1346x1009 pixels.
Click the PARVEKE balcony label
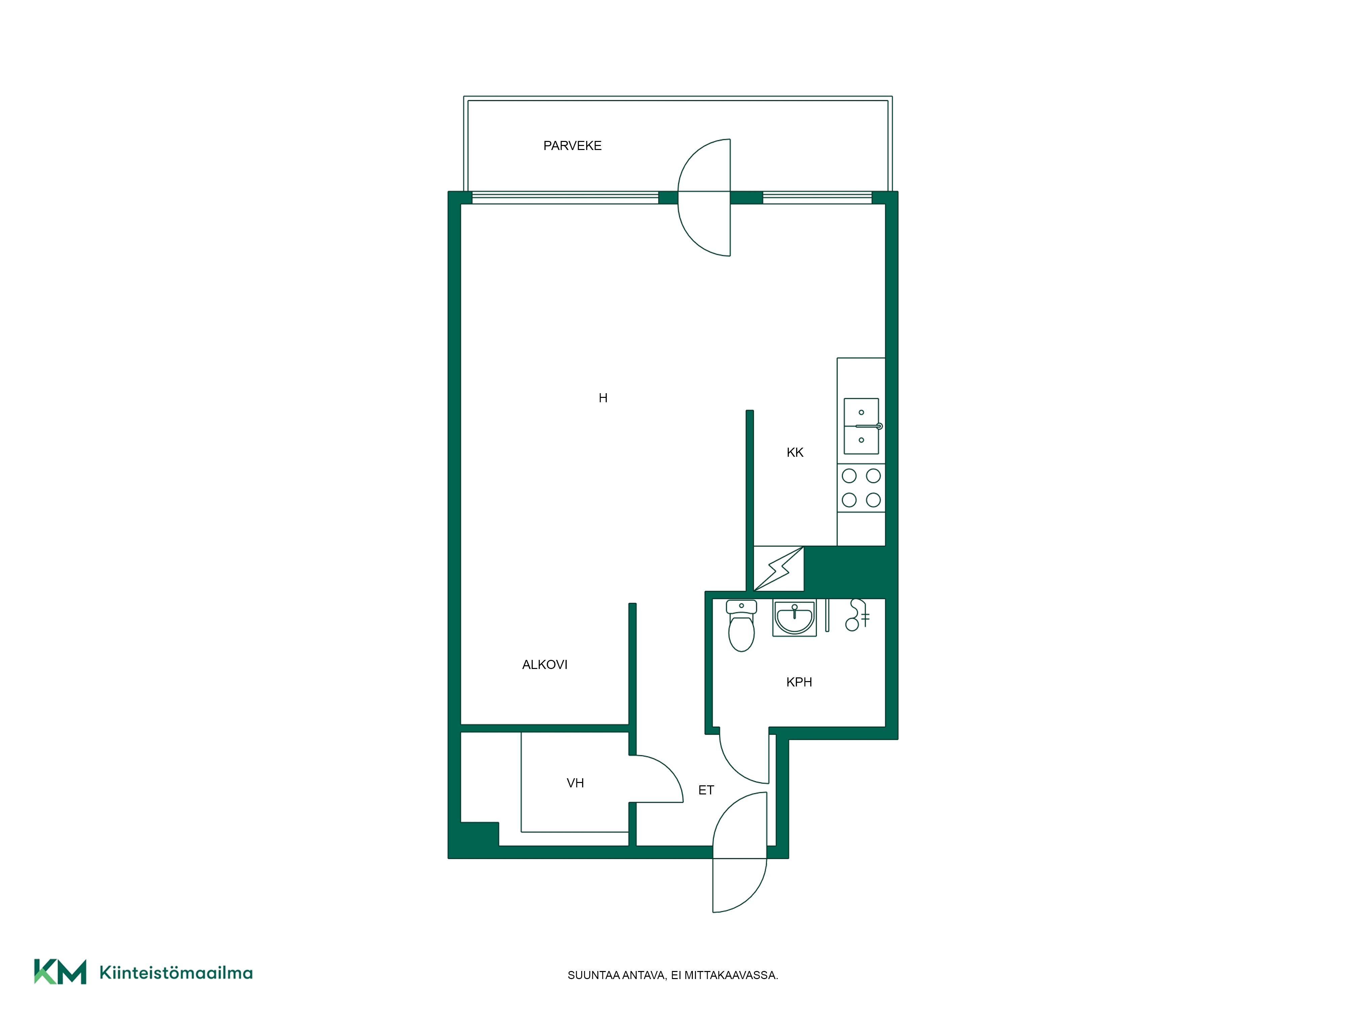572,146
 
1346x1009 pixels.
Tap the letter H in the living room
603,398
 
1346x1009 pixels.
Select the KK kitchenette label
795,452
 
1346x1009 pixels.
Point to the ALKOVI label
544,665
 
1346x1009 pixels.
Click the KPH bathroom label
799,682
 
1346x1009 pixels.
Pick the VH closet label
575,783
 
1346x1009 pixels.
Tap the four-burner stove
861,488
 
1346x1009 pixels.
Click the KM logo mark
60,971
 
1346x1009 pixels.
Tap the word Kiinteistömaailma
176,973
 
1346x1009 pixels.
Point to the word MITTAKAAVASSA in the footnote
732,976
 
